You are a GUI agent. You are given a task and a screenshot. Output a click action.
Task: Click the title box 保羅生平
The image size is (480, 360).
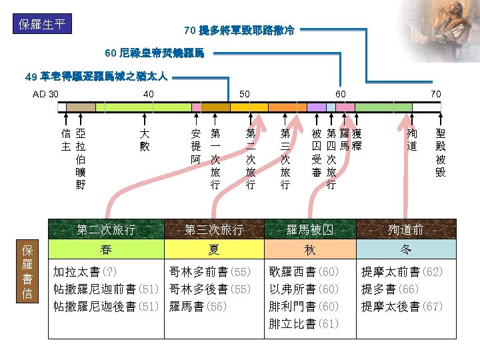tap(43, 24)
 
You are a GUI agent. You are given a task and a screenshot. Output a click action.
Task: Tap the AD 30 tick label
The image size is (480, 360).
tap(46, 94)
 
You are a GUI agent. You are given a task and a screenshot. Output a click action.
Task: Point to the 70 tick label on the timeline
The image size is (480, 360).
tap(435, 94)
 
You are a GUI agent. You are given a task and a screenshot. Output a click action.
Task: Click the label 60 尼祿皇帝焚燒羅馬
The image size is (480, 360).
tap(155, 53)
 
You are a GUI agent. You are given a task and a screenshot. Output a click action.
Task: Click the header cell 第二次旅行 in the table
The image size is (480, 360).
tap(107, 230)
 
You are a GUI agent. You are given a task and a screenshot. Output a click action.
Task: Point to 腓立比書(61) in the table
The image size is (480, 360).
tap(303, 324)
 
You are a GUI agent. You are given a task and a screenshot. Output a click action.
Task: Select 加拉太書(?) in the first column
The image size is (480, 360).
tap(85, 272)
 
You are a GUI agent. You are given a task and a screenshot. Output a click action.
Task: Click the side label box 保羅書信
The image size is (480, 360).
tap(27, 272)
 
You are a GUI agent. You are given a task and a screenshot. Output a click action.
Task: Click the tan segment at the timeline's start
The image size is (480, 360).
tap(81, 107)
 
